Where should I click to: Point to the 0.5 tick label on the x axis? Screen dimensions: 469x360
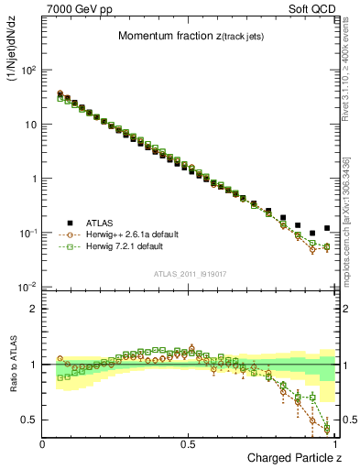[x=189, y=443]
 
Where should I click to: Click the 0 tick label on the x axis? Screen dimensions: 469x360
[x=43, y=443]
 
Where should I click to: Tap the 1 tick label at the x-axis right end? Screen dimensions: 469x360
[x=334, y=443]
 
